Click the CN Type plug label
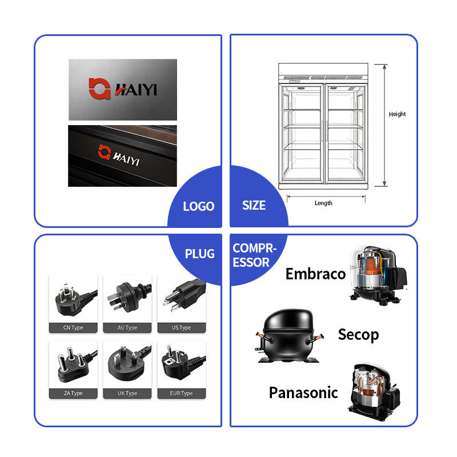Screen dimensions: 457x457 coord(73,327)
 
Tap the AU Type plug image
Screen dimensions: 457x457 coord(127,298)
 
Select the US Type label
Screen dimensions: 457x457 coord(182,327)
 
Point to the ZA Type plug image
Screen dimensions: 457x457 coord(75,364)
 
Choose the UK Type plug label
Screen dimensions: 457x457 coord(127,393)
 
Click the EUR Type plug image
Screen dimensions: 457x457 coord(182,363)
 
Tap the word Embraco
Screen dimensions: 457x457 coord(315,274)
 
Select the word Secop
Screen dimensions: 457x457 coord(358,335)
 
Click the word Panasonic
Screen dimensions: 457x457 coord(303,392)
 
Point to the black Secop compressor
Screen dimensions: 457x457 coord(288,336)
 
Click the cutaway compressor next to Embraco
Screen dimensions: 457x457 coord(378,275)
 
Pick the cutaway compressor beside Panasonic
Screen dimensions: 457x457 coord(374,392)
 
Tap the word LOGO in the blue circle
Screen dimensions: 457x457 coord(199,206)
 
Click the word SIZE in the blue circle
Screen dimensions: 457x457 coord(254,206)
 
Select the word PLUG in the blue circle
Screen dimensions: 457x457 coord(199,254)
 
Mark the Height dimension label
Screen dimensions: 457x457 coord(397,114)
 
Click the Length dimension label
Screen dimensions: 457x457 coord(323,203)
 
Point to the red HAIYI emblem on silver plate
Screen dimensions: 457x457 coord(99,89)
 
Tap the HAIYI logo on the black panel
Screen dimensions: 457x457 coord(119,155)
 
